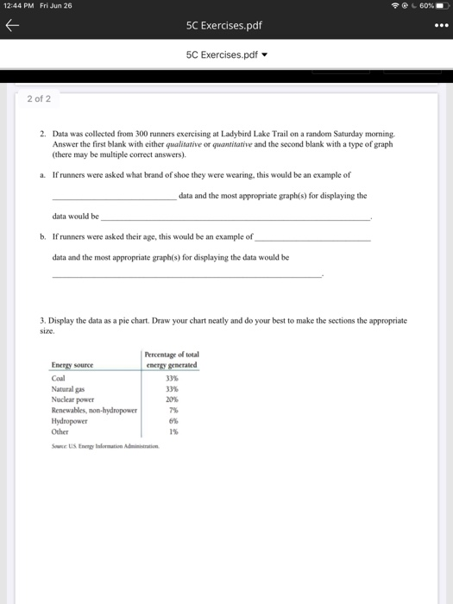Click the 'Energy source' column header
click(x=73, y=365)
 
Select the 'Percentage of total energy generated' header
click(x=171, y=359)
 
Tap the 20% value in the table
click(x=171, y=400)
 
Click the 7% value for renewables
click(x=172, y=411)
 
